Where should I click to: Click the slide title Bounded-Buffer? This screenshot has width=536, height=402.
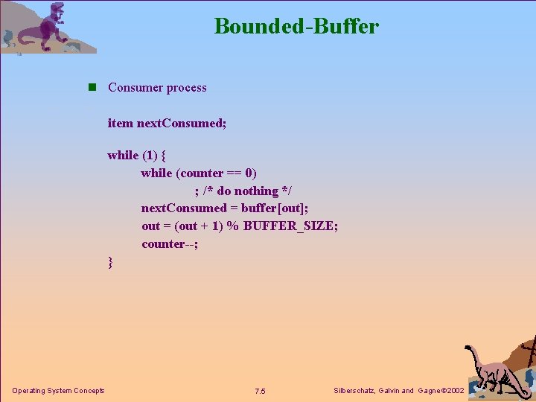point(296,27)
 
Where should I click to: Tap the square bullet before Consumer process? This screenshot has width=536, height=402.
point(92,87)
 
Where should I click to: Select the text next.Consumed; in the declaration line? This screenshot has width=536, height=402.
point(181,123)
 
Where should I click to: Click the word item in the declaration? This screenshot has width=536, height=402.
point(120,123)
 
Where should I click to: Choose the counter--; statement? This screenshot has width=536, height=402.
point(170,244)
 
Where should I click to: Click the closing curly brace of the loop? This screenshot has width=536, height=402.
point(111,262)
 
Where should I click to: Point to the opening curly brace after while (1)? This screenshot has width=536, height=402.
point(162,156)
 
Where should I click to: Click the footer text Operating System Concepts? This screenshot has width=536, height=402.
point(58,391)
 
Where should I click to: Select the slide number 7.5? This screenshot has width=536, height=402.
point(260,392)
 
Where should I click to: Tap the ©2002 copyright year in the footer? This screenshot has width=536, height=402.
point(452,391)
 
